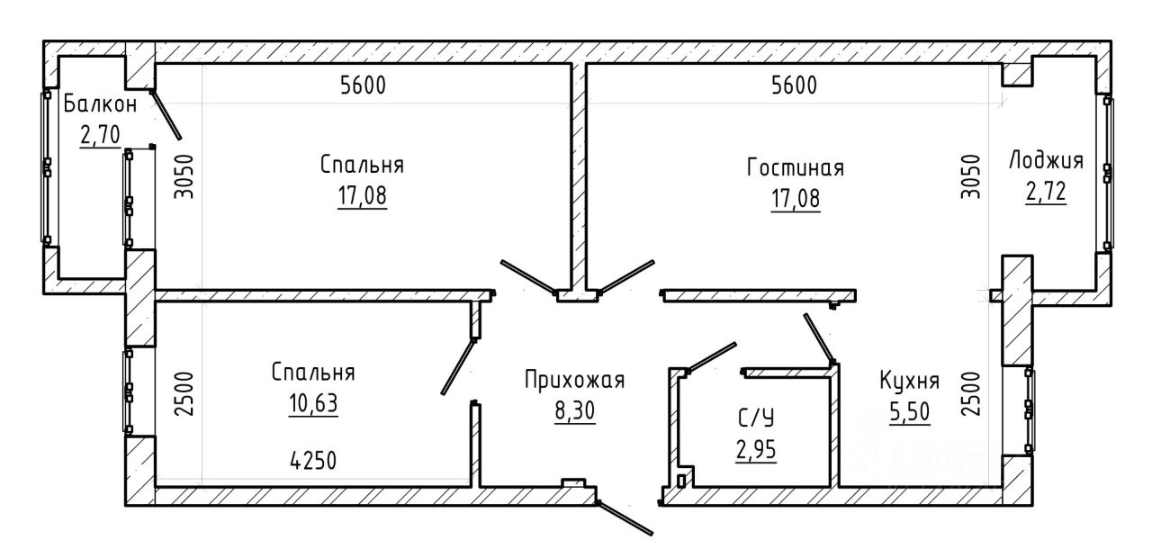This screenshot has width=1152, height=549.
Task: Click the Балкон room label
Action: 100,105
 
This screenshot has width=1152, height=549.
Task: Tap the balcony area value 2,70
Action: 100,135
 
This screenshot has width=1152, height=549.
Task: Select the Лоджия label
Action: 1046,160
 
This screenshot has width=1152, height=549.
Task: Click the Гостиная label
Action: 795,168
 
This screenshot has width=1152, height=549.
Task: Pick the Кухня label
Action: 909,381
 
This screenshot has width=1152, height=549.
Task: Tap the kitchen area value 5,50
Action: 910,412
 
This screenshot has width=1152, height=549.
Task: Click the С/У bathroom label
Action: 756,418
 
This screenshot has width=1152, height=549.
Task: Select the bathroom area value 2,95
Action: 756,450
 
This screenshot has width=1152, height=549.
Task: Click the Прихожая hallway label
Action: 574,381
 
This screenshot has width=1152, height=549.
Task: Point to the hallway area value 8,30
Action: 574,410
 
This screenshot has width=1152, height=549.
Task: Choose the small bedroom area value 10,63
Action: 313,403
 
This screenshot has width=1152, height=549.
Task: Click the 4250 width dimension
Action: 313,461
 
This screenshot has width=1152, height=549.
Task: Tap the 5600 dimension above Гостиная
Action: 794,85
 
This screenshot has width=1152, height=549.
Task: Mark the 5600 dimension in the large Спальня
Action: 363,85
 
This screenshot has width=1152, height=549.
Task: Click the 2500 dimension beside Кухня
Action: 971,394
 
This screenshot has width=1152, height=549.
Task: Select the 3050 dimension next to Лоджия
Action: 971,176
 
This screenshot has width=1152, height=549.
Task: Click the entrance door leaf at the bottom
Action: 625,518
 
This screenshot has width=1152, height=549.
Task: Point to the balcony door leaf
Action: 166,115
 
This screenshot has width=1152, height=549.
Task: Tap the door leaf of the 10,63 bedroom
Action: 458,366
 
